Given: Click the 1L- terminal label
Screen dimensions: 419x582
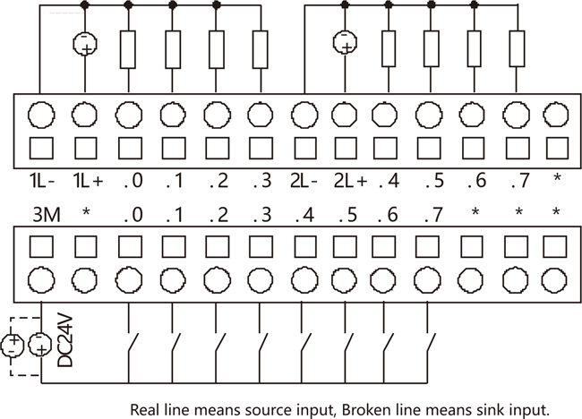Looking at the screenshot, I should click(41, 181).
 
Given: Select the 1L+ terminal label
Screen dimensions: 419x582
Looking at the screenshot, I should click(87, 181).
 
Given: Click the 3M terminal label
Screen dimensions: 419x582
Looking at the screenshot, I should click(45, 216).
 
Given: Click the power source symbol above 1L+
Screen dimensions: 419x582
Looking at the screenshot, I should click(85, 43).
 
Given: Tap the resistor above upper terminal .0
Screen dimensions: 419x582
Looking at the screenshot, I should click(129, 48).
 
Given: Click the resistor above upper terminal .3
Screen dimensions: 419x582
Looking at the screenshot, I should click(260, 48).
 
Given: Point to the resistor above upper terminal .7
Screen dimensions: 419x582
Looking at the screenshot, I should click(517, 48).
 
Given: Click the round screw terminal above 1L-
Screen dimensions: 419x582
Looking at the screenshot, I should click(41, 115).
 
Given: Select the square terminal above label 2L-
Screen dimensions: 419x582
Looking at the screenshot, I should click(303, 147).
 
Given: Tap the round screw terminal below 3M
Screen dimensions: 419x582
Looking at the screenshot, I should click(41, 279).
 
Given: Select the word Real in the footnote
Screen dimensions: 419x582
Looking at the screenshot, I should click(147, 409).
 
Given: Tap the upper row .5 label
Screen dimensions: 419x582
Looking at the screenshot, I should click(435, 181).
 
